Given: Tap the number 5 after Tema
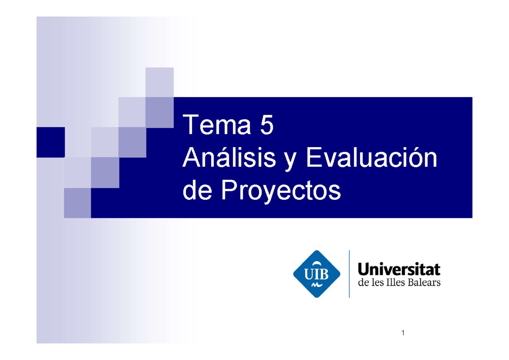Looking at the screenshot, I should click(266, 126).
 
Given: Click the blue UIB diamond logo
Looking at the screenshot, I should click(317, 274).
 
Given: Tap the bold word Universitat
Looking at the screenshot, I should click(399, 270).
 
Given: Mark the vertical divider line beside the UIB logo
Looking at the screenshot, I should click(349, 274).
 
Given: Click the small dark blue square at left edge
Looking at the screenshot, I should click(50, 142).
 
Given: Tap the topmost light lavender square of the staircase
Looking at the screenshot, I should click(159, 82).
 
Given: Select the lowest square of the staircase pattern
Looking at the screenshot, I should click(77, 203).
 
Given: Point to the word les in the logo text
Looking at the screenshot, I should click(377, 282).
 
